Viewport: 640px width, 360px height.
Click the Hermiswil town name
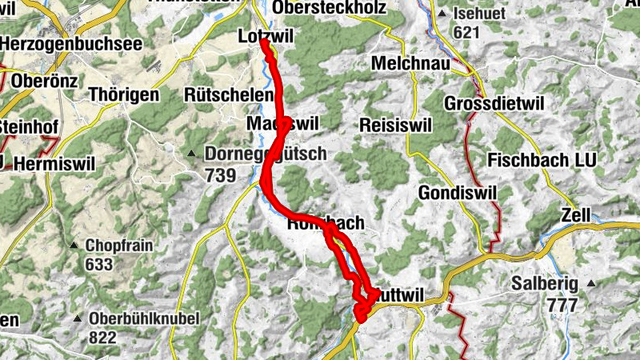tap(54, 163)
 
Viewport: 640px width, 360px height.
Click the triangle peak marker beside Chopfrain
tap(74, 245)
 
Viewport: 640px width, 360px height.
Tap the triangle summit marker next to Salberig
tap(591, 284)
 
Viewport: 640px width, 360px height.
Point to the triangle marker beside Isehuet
tap(442, 13)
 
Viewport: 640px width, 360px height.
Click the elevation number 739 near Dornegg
tap(221, 174)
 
